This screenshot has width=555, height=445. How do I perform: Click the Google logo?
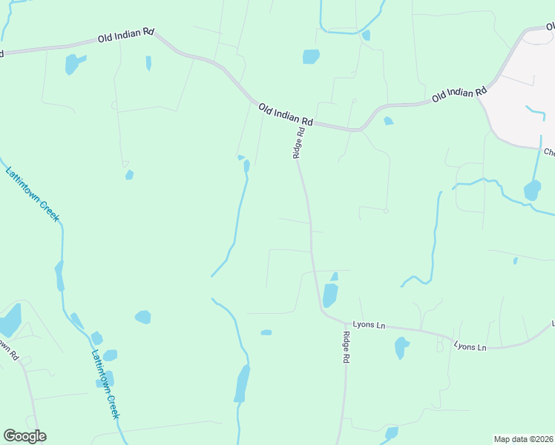coord(24,436)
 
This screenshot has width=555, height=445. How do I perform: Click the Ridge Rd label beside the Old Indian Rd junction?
coord(298,142)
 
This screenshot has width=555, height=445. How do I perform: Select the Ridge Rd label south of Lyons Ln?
coord(346,346)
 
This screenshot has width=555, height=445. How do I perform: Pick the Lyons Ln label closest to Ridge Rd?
coord(369,325)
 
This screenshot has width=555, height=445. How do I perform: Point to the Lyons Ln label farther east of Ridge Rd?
coord(470,346)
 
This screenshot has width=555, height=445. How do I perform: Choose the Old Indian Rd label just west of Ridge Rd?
coord(286,114)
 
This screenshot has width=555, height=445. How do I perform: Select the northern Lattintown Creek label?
coord(32,194)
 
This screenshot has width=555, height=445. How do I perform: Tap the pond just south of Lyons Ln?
coord(401,347)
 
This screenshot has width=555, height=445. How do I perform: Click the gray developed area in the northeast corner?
coord(524,82)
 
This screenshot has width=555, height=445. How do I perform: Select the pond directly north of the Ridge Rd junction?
coord(311,56)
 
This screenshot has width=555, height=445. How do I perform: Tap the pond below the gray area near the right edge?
coord(532,191)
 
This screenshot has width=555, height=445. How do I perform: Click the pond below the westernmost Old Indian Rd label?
coord(72,64)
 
